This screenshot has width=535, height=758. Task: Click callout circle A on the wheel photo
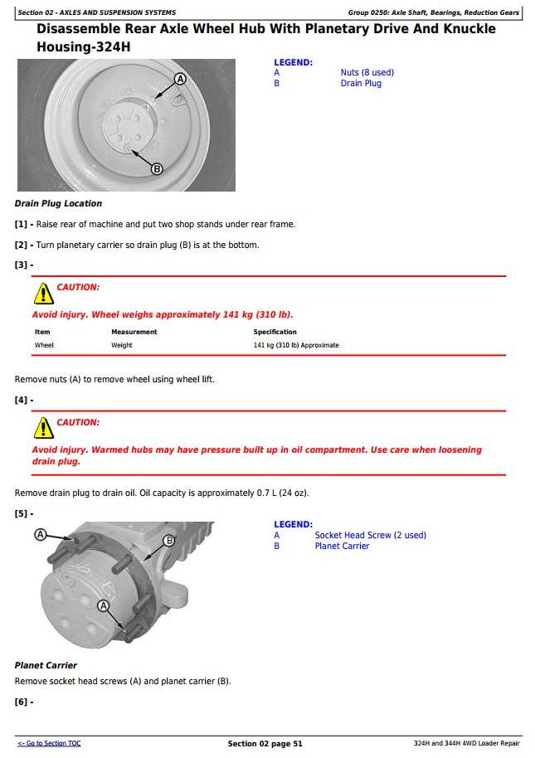180,80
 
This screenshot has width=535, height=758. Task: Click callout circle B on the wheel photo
156,169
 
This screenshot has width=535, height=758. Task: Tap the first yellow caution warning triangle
43,293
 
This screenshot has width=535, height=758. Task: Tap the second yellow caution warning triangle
43,428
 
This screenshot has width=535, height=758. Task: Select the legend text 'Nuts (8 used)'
367,72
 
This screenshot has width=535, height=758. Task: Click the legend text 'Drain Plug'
361,83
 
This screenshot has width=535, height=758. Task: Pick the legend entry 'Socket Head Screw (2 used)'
370,535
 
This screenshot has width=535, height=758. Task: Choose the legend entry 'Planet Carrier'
342,546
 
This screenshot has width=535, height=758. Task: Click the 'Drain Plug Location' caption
58,203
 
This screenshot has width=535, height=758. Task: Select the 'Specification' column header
275,332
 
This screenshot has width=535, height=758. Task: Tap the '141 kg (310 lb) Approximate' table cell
296,345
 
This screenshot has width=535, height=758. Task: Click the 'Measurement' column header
134,332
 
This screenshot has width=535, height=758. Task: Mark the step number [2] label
22,245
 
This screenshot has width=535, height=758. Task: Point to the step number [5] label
22,513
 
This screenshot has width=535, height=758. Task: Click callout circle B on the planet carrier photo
169,540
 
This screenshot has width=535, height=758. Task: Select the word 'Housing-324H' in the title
83,47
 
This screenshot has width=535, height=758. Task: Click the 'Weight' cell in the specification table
121,345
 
